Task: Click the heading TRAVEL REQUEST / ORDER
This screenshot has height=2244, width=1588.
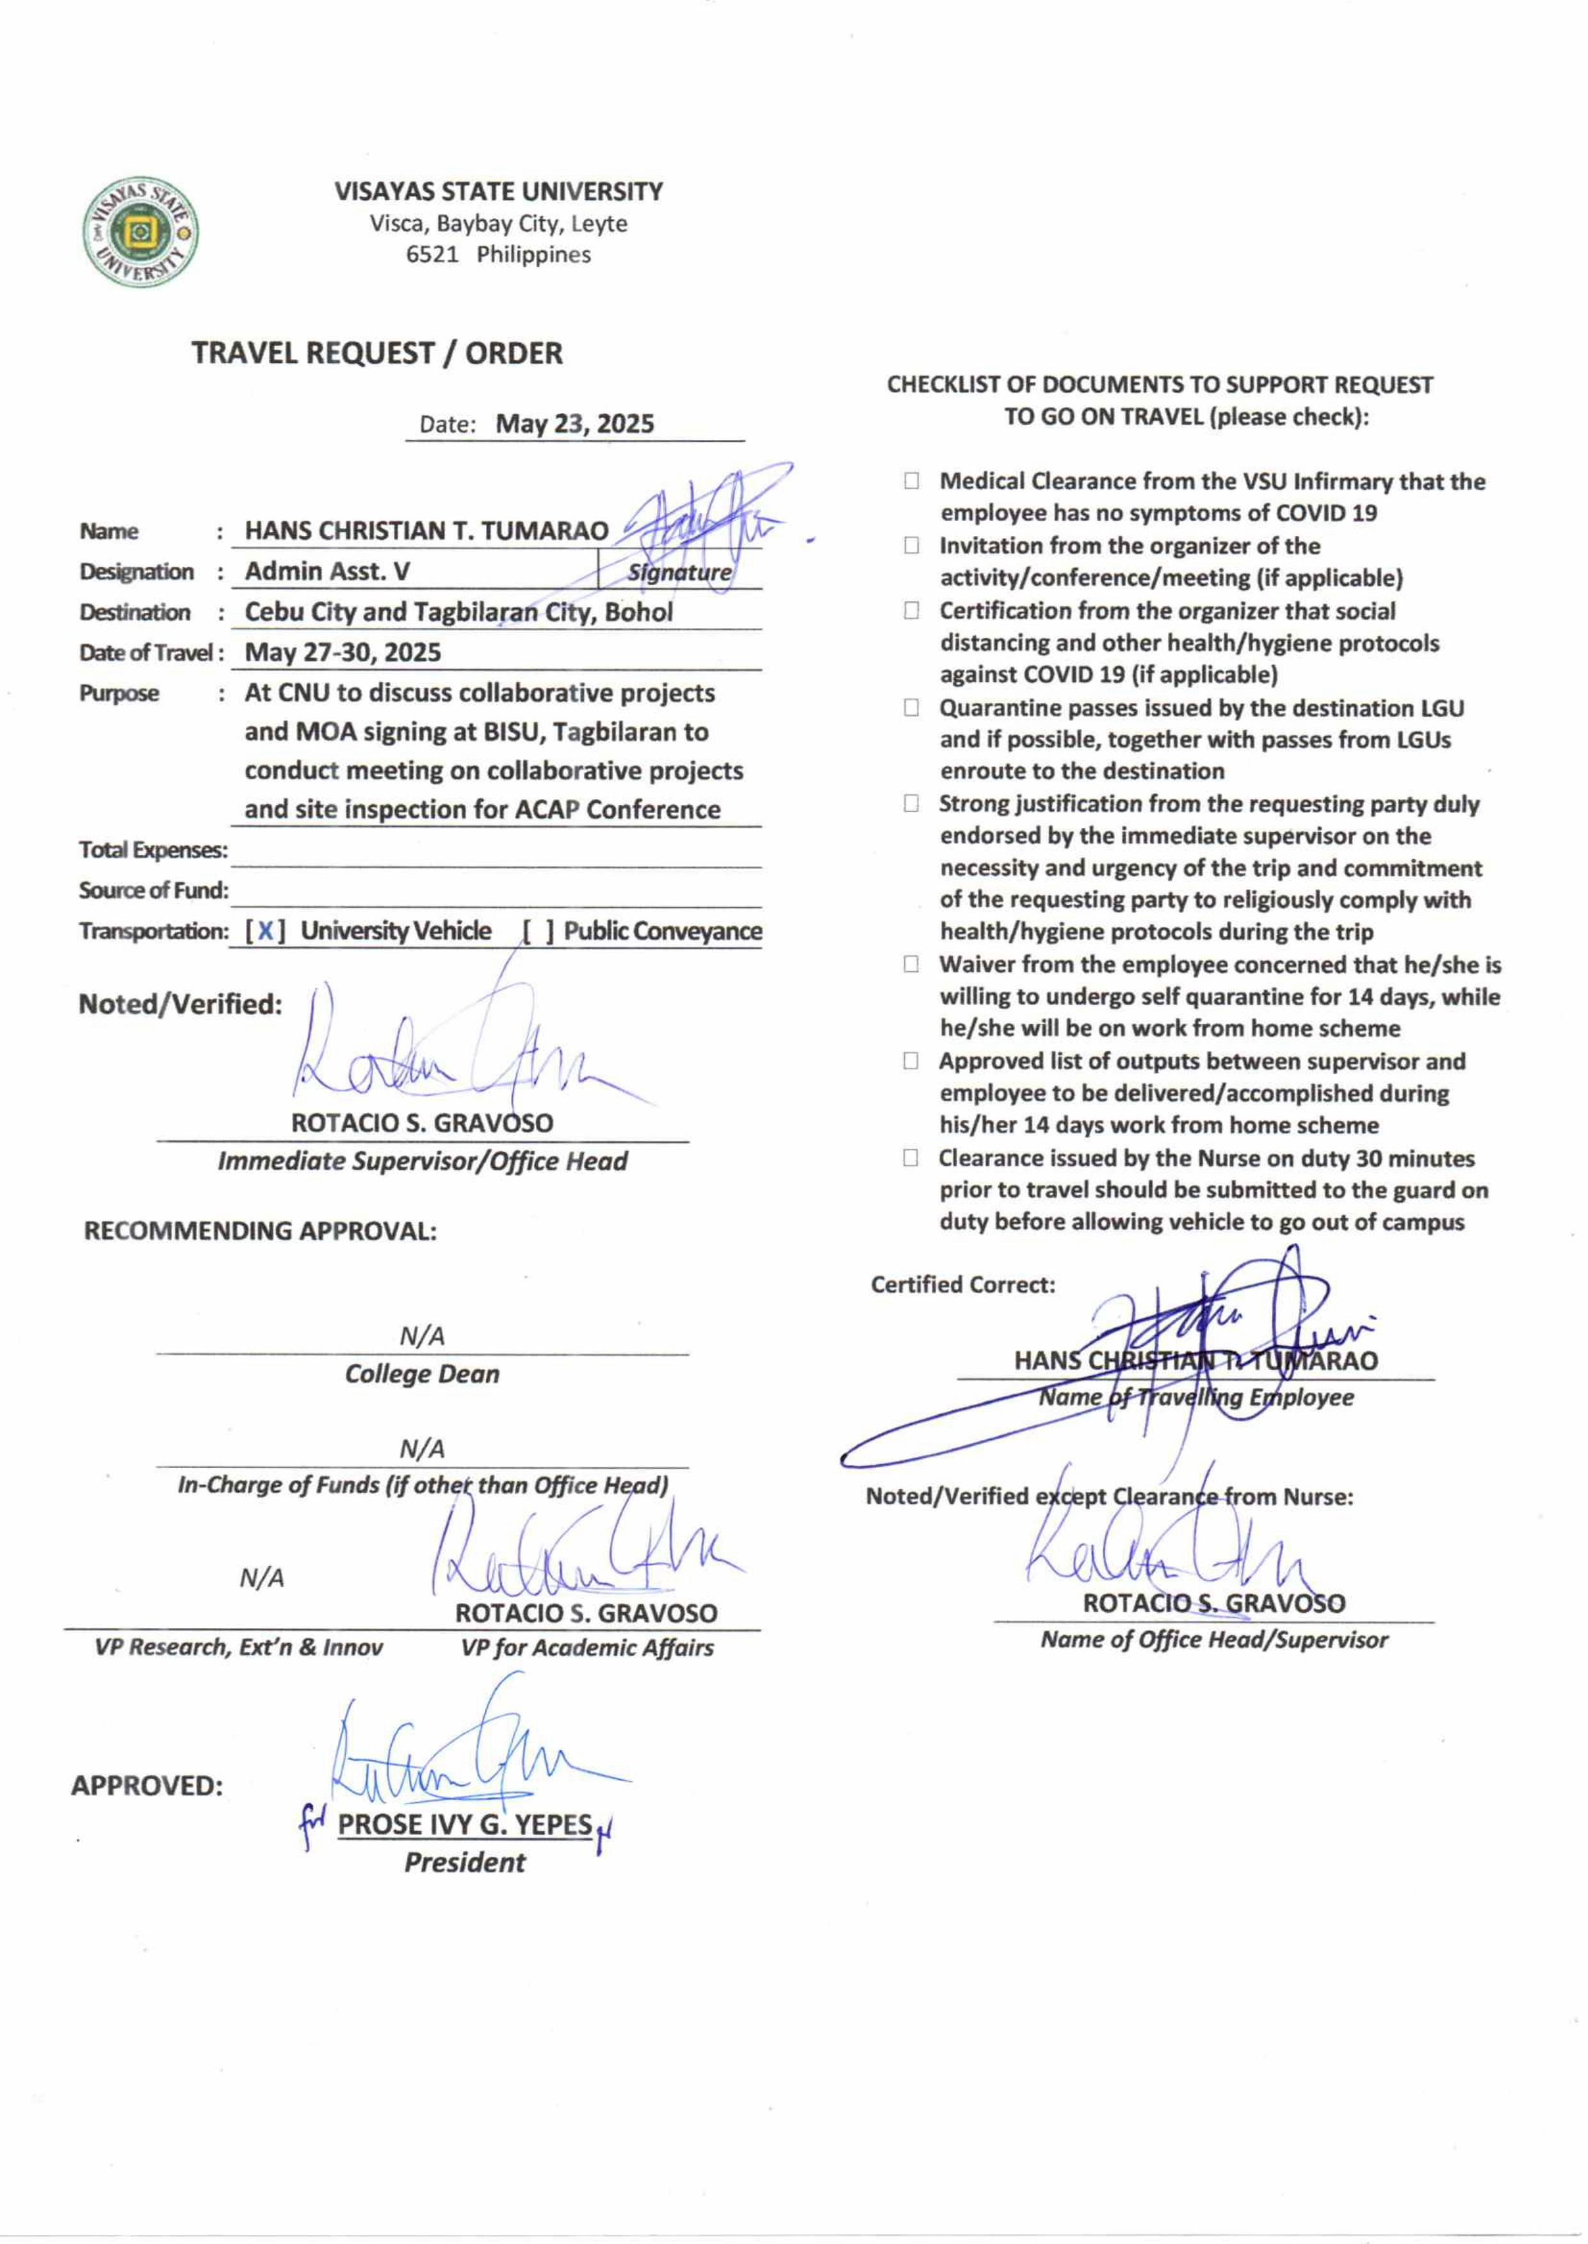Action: pyautogui.click(x=377, y=353)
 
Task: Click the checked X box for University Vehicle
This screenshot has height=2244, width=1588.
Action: pyautogui.click(x=265, y=931)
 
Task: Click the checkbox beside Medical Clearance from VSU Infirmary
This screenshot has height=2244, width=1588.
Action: pyautogui.click(x=911, y=481)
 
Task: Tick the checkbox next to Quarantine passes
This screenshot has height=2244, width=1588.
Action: pyautogui.click(x=911, y=707)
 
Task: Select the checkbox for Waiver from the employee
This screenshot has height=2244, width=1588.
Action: pyautogui.click(x=911, y=964)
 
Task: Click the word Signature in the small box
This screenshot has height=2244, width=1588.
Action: pyautogui.click(x=679, y=572)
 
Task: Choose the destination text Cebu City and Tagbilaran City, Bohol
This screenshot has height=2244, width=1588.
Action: pyautogui.click(x=458, y=612)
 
